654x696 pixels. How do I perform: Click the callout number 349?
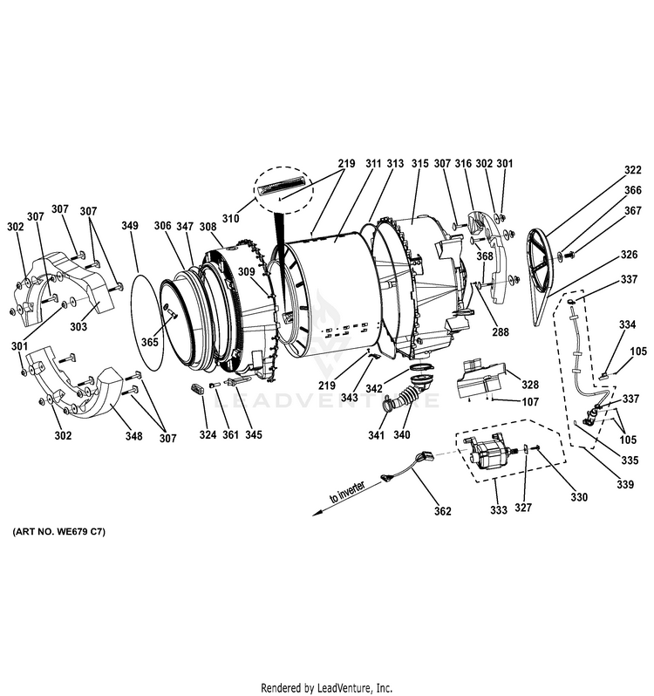[x=130, y=226]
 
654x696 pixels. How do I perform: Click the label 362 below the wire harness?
[x=443, y=511]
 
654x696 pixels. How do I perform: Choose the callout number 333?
[x=499, y=509]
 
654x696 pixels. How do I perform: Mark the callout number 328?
[x=531, y=383]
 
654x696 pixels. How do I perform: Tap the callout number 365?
[x=150, y=343]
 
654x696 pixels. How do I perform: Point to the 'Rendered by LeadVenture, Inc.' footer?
[x=327, y=686]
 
